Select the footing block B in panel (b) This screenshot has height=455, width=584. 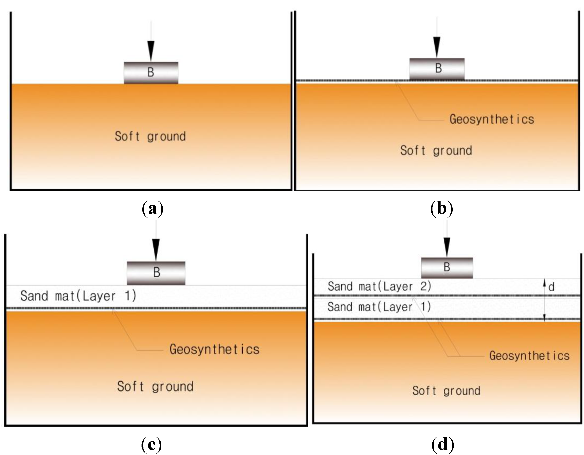point(437,69)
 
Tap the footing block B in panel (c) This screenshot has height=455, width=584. point(156,273)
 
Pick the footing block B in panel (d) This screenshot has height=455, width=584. point(447,267)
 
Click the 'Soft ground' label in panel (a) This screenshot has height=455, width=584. point(150,137)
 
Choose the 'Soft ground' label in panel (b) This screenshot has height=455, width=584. point(436,151)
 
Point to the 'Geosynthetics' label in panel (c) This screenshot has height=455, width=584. point(214,349)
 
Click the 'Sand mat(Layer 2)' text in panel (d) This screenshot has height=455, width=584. point(380,287)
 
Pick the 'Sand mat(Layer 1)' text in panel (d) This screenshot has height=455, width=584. point(379,307)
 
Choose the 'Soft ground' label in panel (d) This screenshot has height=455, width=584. point(446,391)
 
